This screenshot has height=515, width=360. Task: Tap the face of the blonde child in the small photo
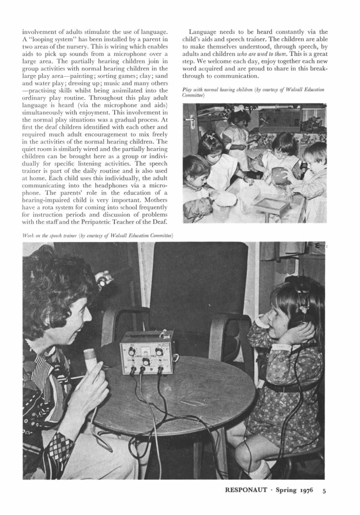313,157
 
